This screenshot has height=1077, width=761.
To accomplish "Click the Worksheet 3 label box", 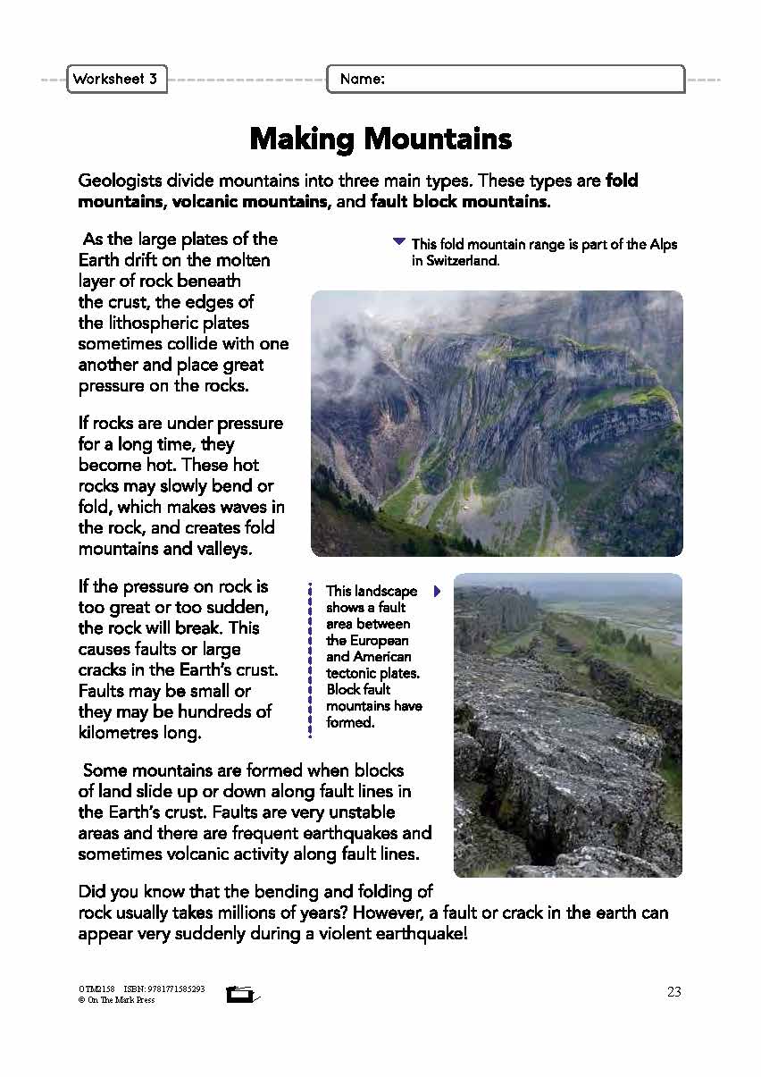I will [x=115, y=80].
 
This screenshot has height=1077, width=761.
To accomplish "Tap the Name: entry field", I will [x=506, y=80].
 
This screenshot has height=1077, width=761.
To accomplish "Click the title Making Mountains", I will [x=380, y=139].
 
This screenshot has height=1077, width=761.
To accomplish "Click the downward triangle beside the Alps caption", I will [x=399, y=241].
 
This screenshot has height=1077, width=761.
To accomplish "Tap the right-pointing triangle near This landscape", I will [x=437, y=591].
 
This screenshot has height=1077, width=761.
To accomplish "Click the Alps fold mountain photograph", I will [x=497, y=423].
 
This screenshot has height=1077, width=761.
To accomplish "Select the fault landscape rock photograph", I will [x=567, y=724].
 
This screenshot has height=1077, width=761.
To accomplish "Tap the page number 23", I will [x=673, y=991].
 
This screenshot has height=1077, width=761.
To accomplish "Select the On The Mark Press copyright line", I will [x=116, y=1000].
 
